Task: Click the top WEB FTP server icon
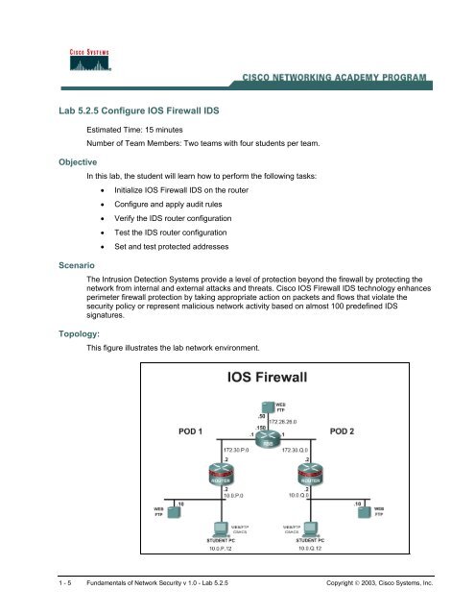tap(266, 409)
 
